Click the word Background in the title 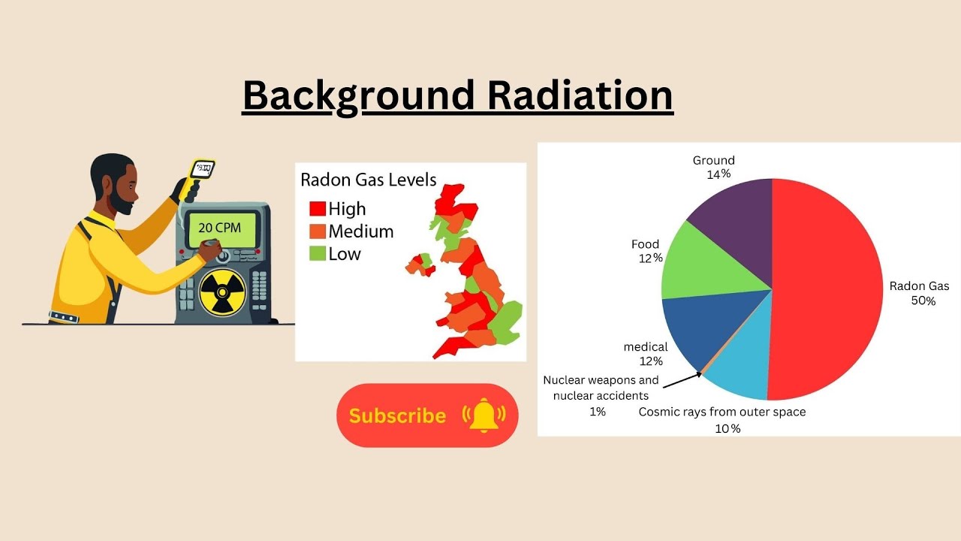click(359, 96)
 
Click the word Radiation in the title click(579, 96)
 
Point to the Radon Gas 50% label click(919, 293)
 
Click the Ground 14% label click(713, 167)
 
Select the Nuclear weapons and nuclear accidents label click(601, 388)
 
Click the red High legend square click(318, 208)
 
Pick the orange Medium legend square click(318, 231)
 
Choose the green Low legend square click(318, 253)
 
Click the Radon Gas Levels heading click(368, 180)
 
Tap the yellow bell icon click(484, 415)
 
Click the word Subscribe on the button click(397, 416)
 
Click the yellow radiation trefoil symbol click(221, 292)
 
